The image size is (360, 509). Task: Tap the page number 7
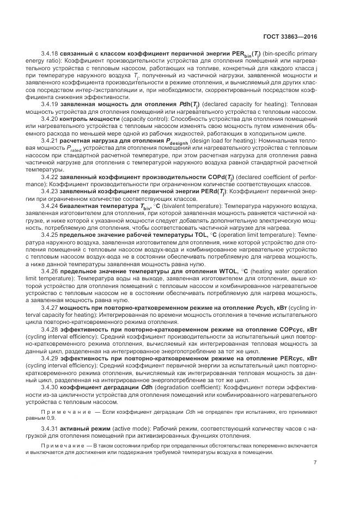[x=315, y=463]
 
